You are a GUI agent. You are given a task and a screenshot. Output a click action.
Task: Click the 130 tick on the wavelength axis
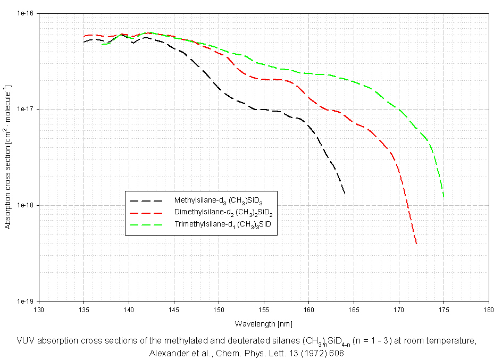39,309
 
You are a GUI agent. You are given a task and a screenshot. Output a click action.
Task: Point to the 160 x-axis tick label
309,309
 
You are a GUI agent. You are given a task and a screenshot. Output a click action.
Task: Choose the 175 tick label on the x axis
444,309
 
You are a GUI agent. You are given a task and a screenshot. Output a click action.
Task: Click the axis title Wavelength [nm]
263,323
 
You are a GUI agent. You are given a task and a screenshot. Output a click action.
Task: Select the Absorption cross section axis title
7,157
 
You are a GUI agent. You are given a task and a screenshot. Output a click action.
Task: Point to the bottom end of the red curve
416,244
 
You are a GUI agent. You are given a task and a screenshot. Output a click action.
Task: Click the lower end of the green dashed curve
444,197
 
